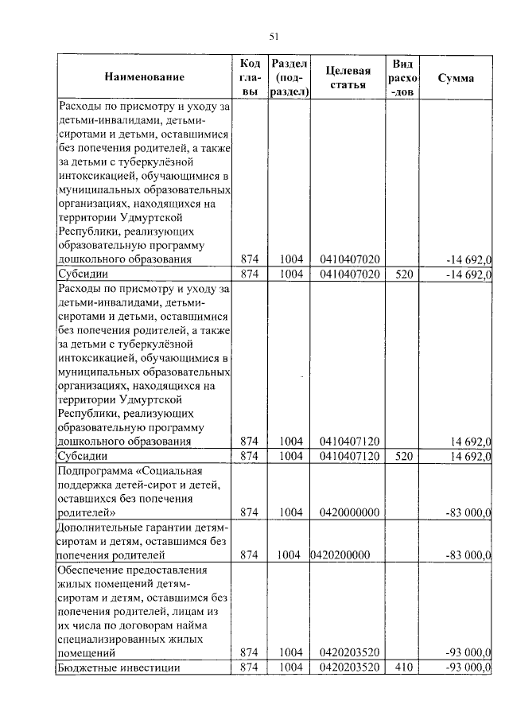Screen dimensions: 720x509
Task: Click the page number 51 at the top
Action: tap(274, 36)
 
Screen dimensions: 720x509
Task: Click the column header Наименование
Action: tap(143, 77)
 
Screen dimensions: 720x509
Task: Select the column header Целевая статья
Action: tap(349, 77)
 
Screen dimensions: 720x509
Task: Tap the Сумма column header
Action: tap(456, 78)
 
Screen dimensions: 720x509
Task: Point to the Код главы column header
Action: tap(250, 77)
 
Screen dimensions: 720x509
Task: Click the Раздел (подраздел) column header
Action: tap(289, 77)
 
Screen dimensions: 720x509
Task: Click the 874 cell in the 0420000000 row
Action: tap(251, 512)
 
